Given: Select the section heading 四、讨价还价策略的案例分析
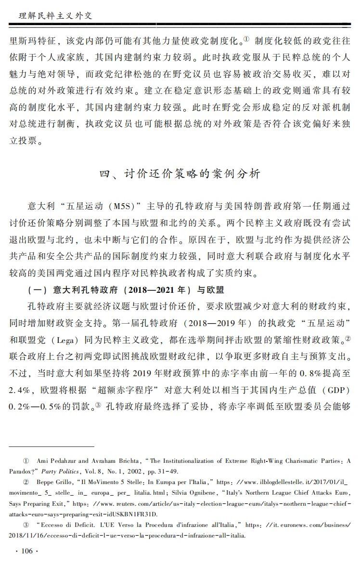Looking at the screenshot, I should click(x=180, y=174).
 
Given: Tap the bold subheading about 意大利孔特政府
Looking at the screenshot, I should click(x=126, y=290).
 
